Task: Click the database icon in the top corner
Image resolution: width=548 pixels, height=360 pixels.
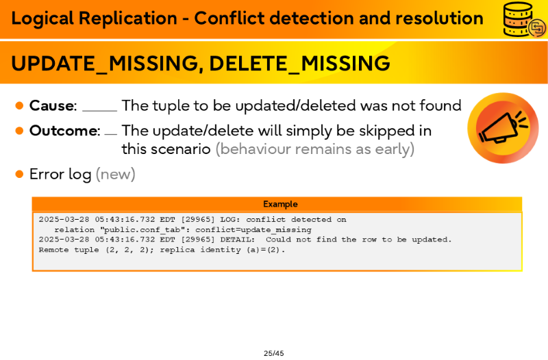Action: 524,20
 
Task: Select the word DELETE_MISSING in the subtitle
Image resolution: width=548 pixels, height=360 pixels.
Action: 299,64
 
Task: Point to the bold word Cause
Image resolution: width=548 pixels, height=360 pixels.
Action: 52,105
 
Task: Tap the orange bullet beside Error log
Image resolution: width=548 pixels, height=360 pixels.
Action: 20,174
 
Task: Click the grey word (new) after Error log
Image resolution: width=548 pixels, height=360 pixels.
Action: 115,174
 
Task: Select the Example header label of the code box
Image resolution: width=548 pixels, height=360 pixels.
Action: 280,204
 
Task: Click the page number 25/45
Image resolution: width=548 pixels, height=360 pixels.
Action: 273,353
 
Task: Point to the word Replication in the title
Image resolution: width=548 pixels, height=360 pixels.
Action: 128,18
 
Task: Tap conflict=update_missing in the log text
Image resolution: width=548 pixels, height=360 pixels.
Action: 253,230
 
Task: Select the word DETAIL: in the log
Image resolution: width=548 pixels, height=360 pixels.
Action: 238,240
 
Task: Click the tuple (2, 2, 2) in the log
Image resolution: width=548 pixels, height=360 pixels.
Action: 129,250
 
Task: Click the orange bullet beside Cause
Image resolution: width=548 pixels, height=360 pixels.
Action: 20,105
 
